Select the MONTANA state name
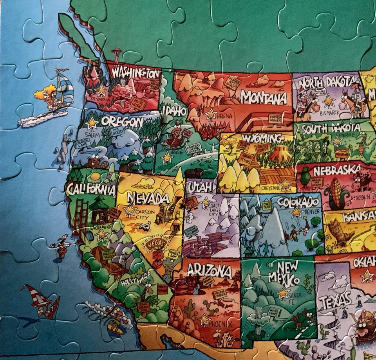(263, 97)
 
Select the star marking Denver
(296, 212)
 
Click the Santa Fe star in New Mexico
(283, 293)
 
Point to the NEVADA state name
(148, 198)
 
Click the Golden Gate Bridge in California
(81, 219)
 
